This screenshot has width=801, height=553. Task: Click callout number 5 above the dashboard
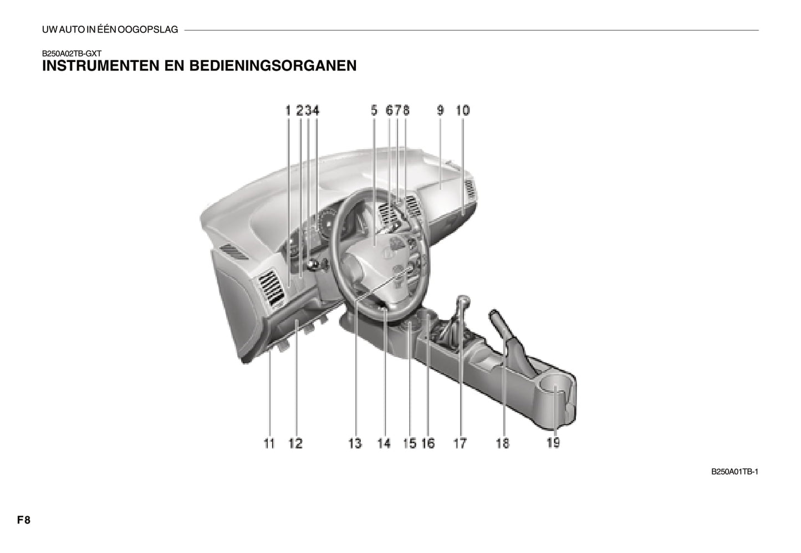(x=374, y=110)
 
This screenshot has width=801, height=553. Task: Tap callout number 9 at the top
(x=440, y=110)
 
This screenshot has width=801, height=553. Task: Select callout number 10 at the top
(x=463, y=110)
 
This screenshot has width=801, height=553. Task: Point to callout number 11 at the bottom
(x=269, y=443)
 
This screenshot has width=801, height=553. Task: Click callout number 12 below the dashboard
(x=295, y=443)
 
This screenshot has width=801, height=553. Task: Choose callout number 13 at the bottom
(x=355, y=443)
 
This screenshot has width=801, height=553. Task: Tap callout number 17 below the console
(x=460, y=443)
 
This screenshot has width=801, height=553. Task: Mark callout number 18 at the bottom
(x=502, y=443)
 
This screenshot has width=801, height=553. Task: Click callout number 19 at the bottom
(x=553, y=443)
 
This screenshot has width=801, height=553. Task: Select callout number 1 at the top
(x=288, y=110)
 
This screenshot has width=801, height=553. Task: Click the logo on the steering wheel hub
(x=387, y=253)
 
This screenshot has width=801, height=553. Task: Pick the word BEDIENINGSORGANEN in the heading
(x=273, y=66)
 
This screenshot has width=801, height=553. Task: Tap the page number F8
(x=24, y=520)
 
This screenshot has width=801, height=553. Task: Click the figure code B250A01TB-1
(x=734, y=472)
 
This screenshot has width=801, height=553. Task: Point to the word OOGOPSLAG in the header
(x=147, y=30)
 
